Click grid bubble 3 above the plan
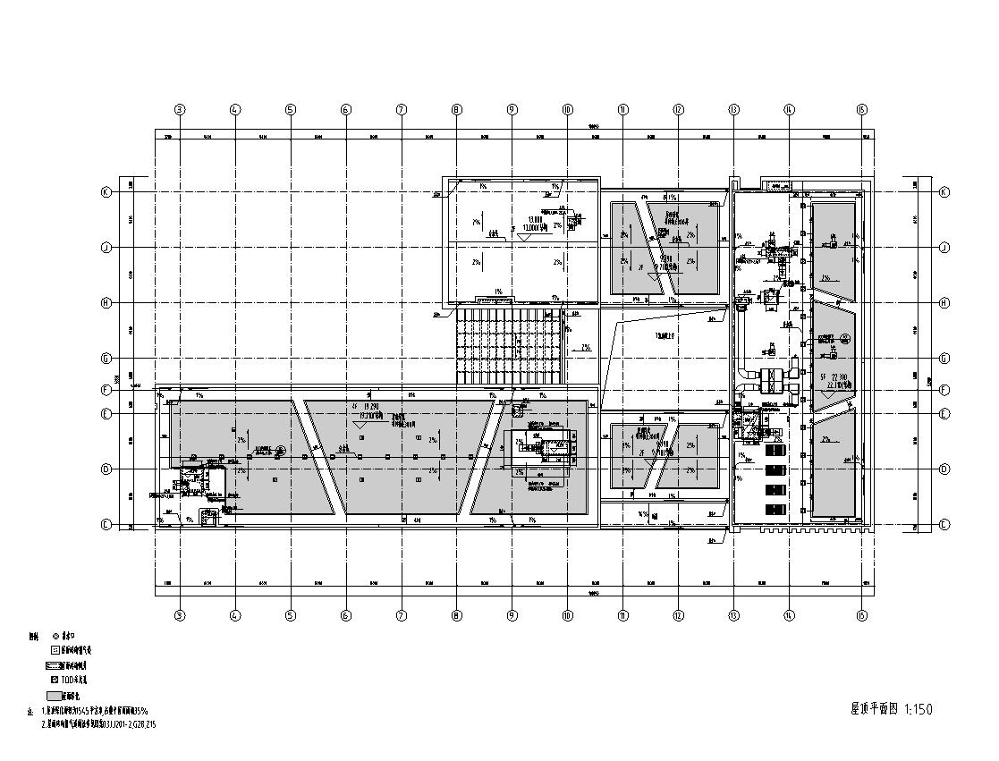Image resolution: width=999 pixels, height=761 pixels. click(180, 110)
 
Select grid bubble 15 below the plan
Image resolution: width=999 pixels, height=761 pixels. click(861, 615)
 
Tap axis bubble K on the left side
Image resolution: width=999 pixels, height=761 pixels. click(106, 192)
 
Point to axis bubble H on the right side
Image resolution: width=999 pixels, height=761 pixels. click(944, 303)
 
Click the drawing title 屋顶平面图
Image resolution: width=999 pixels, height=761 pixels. click(874, 709)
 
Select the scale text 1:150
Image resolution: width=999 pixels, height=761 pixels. click(919, 709)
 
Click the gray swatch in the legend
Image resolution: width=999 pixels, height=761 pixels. click(54, 696)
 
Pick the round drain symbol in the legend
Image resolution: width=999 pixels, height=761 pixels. click(55, 636)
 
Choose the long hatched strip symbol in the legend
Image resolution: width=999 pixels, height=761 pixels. click(58, 665)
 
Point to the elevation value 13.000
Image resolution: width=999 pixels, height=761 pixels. click(536, 219)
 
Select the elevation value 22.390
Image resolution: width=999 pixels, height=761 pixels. click(838, 377)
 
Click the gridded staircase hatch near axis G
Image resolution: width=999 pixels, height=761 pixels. click(511, 344)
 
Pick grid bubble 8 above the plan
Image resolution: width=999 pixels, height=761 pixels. click(456, 110)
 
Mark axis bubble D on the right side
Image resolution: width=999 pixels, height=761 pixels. click(944, 469)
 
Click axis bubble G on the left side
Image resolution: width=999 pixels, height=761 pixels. click(106, 359)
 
